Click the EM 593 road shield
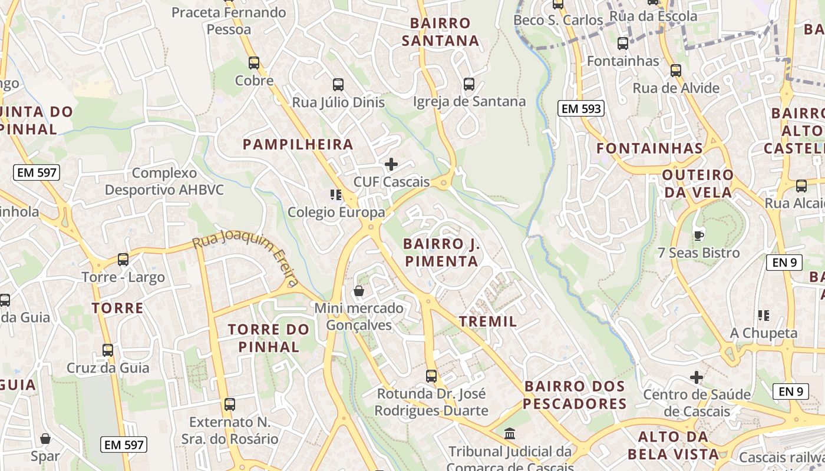pyautogui.click(x=581, y=108)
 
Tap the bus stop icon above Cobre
pyautogui.click(x=254, y=62)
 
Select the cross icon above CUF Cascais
pyautogui.click(x=391, y=164)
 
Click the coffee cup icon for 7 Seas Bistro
pyautogui.click(x=698, y=235)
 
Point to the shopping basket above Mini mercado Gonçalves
pyautogui.click(x=358, y=291)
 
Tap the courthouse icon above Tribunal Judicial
pyautogui.click(x=510, y=434)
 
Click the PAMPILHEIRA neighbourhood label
pyautogui.click(x=298, y=144)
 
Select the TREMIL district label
pyautogui.click(x=487, y=321)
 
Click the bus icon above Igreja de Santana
pyautogui.click(x=468, y=84)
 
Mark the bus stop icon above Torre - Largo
pyautogui.click(x=123, y=259)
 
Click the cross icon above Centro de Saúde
pyautogui.click(x=697, y=377)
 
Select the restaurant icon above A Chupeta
pyautogui.click(x=764, y=316)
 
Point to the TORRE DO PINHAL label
pyautogui.click(x=269, y=338)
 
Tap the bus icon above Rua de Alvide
pyautogui.click(x=675, y=71)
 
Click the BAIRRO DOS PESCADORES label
pyautogui.click(x=575, y=395)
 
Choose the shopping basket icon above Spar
pyautogui.click(x=45, y=439)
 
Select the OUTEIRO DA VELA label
pyautogui.click(x=698, y=184)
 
